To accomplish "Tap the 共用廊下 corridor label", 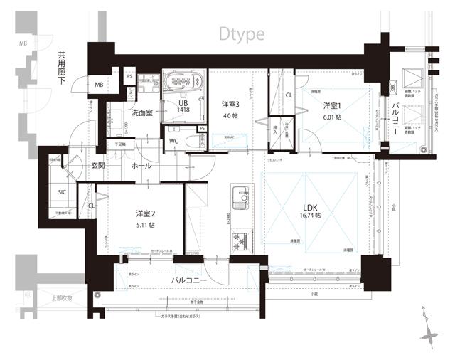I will point(64,68).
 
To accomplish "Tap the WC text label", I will point(173,141).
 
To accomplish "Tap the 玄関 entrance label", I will point(98,165).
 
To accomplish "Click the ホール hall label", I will point(139,165).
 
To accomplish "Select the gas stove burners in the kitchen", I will point(240,240).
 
